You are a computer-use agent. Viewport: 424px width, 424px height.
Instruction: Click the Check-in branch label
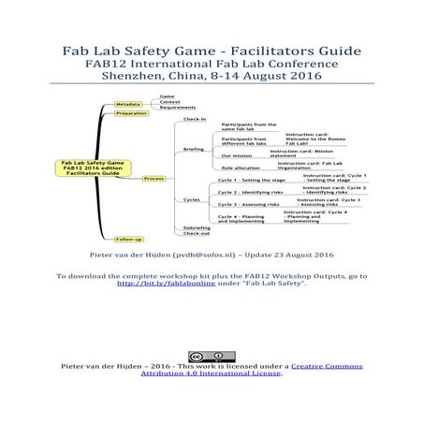[x=195, y=120]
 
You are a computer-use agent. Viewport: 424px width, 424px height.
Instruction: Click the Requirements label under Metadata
[x=177, y=108]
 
